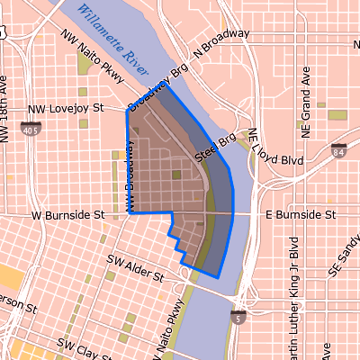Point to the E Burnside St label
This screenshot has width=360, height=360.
pyautogui.click(x=301, y=216)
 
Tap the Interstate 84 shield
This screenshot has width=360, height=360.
pyautogui.click(x=339, y=151)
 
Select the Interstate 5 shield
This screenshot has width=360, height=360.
pyautogui.click(x=237, y=318)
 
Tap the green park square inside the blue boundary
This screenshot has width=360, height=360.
pyautogui.click(x=176, y=175)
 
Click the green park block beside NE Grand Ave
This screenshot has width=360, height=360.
pyautogui.click(x=337, y=114)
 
